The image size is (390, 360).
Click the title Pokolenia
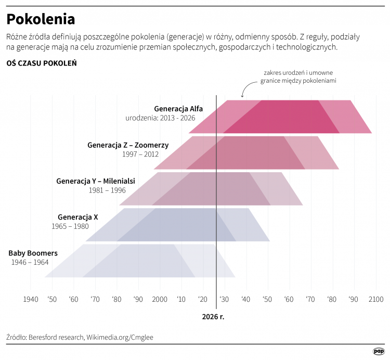pos(41,19)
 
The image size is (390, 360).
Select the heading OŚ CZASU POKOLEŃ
pos(42,63)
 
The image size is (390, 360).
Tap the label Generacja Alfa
pos(178,109)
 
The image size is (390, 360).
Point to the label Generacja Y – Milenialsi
pos(96,181)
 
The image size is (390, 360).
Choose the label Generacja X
pos(78,217)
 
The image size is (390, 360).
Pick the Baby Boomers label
pos(33,253)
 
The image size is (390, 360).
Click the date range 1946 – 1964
pos(30,263)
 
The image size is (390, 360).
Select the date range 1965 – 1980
pos(70,226)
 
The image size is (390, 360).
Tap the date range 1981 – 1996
pos(107,190)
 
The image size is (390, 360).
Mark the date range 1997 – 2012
pos(140,154)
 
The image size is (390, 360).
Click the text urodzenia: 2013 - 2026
pos(160,118)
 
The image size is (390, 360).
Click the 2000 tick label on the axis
pos(160,299)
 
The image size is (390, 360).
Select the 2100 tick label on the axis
pos(375,299)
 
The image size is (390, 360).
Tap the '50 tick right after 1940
pos(52,299)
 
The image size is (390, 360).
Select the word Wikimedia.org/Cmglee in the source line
pos(120,337)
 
